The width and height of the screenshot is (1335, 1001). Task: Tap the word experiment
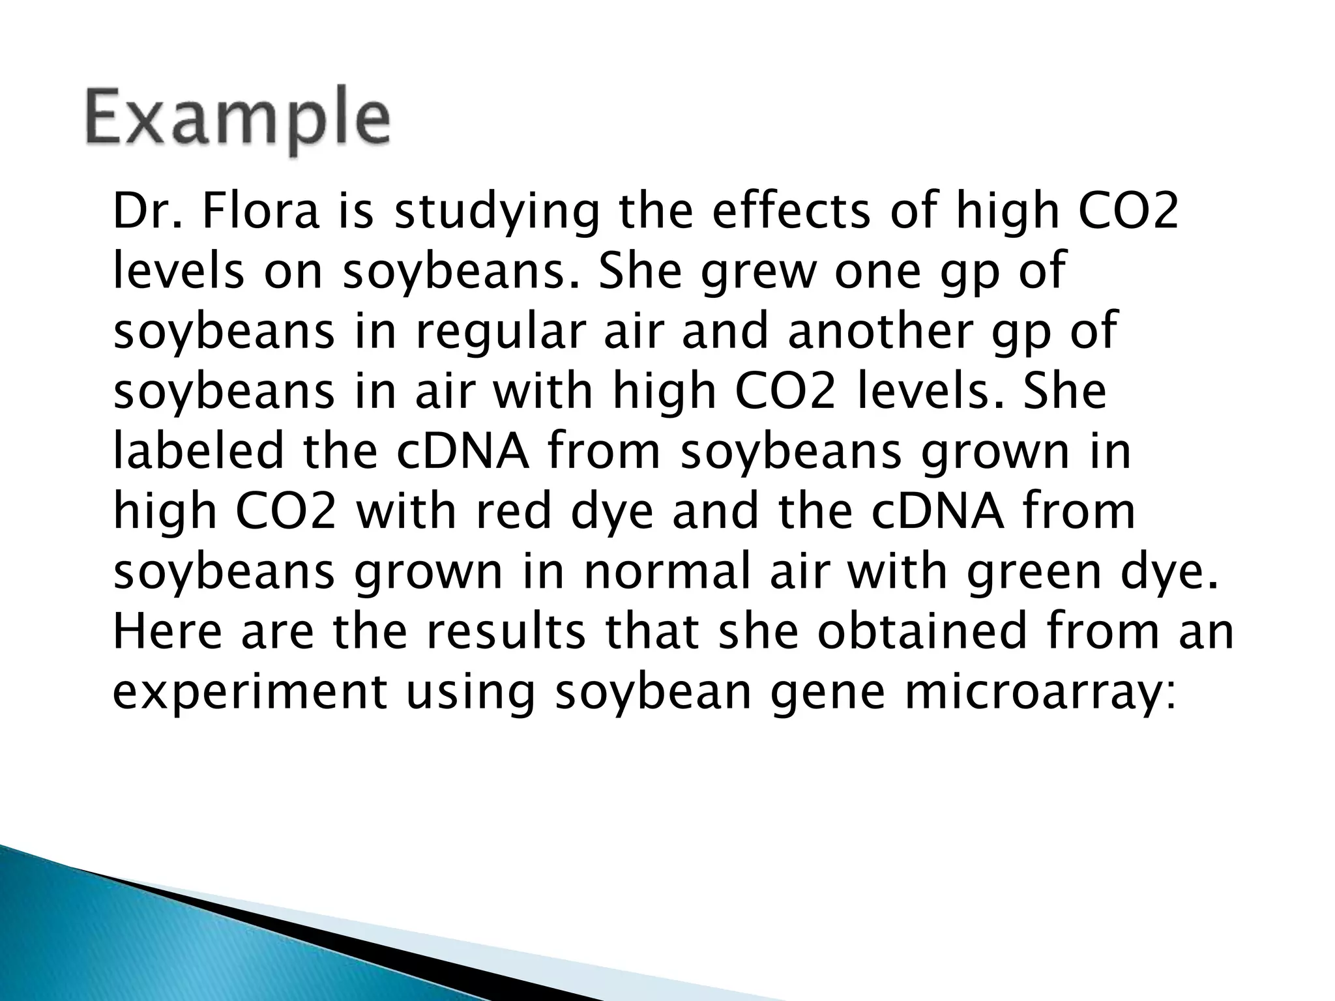point(250,693)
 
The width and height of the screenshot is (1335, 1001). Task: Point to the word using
point(470,693)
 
